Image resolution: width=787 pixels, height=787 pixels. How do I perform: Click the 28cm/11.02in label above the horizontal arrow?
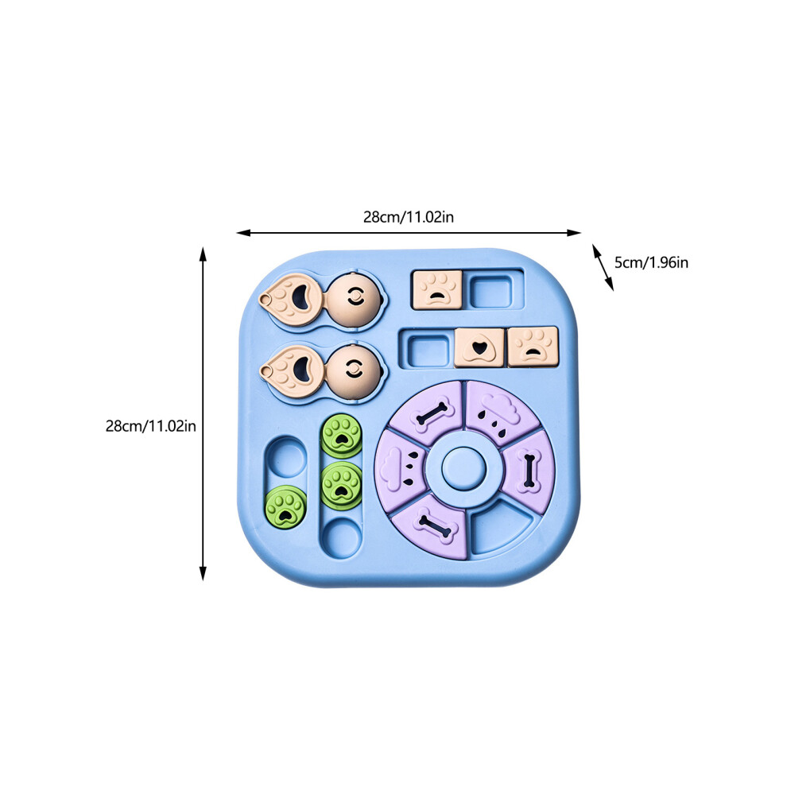click(x=408, y=217)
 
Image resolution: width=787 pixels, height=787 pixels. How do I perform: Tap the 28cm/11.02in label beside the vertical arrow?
click(x=150, y=426)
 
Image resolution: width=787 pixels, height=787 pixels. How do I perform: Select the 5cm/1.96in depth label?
click(x=651, y=262)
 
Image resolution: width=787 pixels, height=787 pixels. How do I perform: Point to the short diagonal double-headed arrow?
click(x=603, y=268)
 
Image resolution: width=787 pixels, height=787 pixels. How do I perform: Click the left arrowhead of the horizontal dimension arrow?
click(x=243, y=233)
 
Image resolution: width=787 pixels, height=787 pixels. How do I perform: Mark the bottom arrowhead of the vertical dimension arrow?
click(x=203, y=573)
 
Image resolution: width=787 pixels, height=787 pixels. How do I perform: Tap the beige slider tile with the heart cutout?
click(x=479, y=347)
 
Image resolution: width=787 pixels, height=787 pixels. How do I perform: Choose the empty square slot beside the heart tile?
click(x=428, y=351)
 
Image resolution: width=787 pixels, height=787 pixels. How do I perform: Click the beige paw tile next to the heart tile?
click(x=533, y=346)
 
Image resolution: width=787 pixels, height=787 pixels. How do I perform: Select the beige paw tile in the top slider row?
click(x=436, y=289)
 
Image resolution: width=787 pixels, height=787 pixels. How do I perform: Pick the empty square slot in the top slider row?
click(x=491, y=291)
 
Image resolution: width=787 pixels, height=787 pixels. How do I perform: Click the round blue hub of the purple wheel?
click(x=463, y=469)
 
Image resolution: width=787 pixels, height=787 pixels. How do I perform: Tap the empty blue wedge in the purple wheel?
click(x=502, y=527)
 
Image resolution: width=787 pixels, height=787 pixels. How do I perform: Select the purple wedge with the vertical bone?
click(x=529, y=471)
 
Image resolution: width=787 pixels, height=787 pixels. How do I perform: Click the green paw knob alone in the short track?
click(x=285, y=507)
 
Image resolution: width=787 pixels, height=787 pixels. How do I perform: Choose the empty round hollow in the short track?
click(x=285, y=458)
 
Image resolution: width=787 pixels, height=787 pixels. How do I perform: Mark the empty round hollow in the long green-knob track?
click(x=342, y=538)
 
